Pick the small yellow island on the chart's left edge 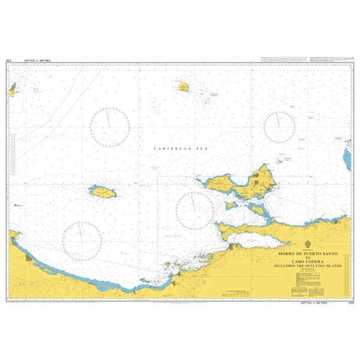coord(12,91)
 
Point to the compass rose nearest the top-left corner coord(110,128)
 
